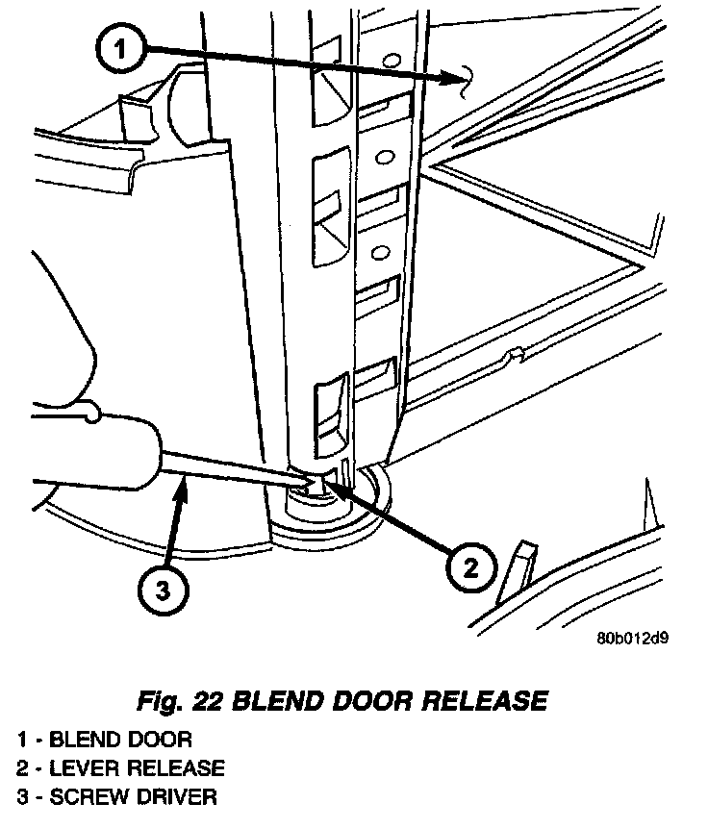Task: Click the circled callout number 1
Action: click(x=118, y=49)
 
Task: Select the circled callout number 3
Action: click(x=162, y=591)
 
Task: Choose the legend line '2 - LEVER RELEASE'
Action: click(x=120, y=768)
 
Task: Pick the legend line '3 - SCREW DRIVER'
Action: click(x=116, y=797)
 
